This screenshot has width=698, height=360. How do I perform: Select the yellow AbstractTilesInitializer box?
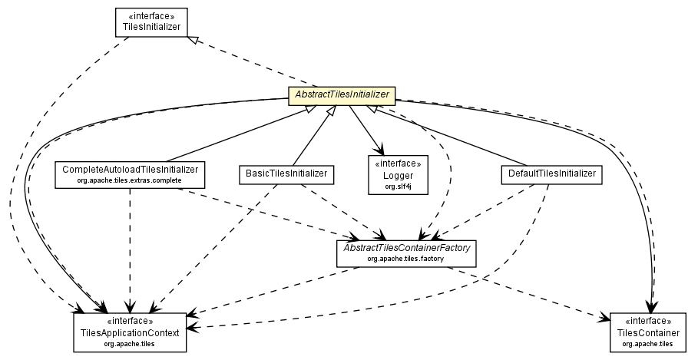pos(340,96)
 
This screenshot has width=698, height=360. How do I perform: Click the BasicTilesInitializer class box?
pos(286,174)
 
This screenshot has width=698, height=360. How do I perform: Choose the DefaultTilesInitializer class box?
pos(551,174)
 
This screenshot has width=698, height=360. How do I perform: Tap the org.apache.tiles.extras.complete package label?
pos(131,180)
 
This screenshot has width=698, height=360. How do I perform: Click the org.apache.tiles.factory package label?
pos(406,259)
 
